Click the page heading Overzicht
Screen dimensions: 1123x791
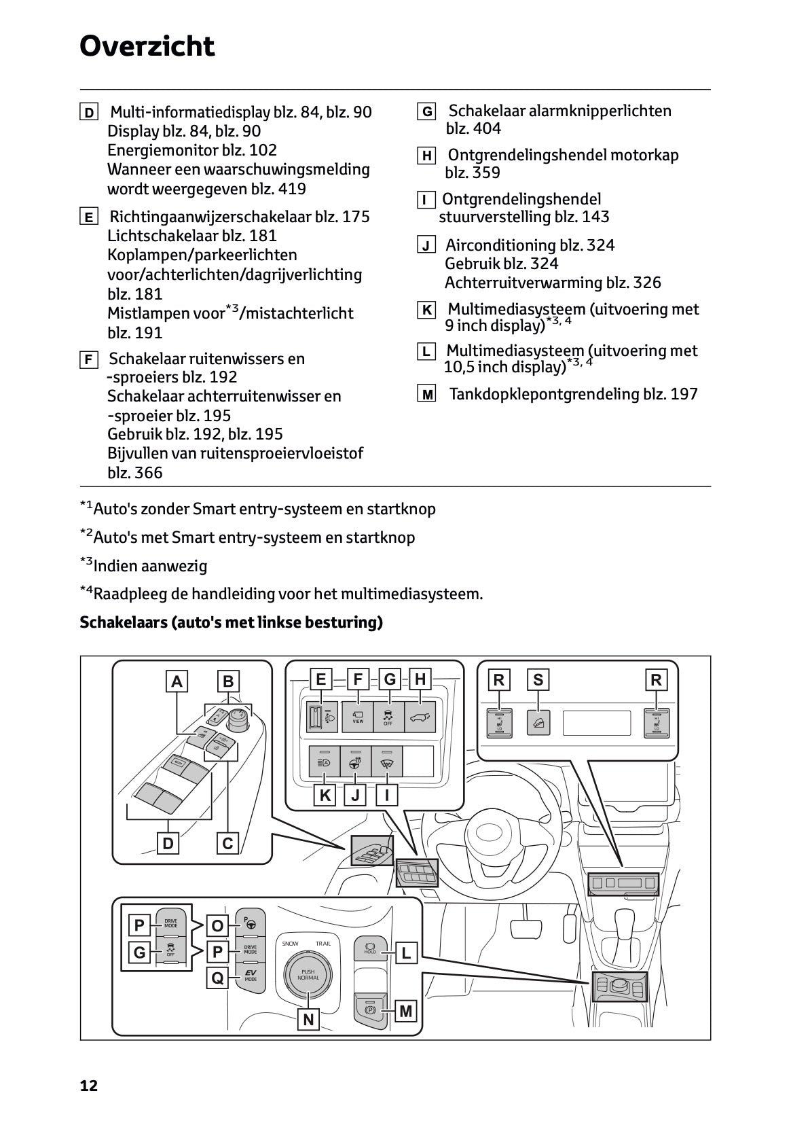(x=147, y=47)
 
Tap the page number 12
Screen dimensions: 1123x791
(x=89, y=1086)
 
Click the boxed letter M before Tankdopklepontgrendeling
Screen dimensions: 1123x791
(x=426, y=395)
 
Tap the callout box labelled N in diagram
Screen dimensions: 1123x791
(x=308, y=1019)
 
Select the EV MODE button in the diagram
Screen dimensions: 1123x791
(x=251, y=976)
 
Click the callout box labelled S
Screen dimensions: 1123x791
(x=538, y=679)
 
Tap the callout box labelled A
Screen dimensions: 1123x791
(x=177, y=681)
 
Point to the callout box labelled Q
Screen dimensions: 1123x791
(x=217, y=978)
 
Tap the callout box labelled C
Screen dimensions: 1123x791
(x=227, y=843)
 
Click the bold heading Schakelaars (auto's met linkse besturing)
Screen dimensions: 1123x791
(x=231, y=622)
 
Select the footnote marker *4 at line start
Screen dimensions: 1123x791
(x=86, y=592)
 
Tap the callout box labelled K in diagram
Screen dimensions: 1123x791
(x=325, y=795)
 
